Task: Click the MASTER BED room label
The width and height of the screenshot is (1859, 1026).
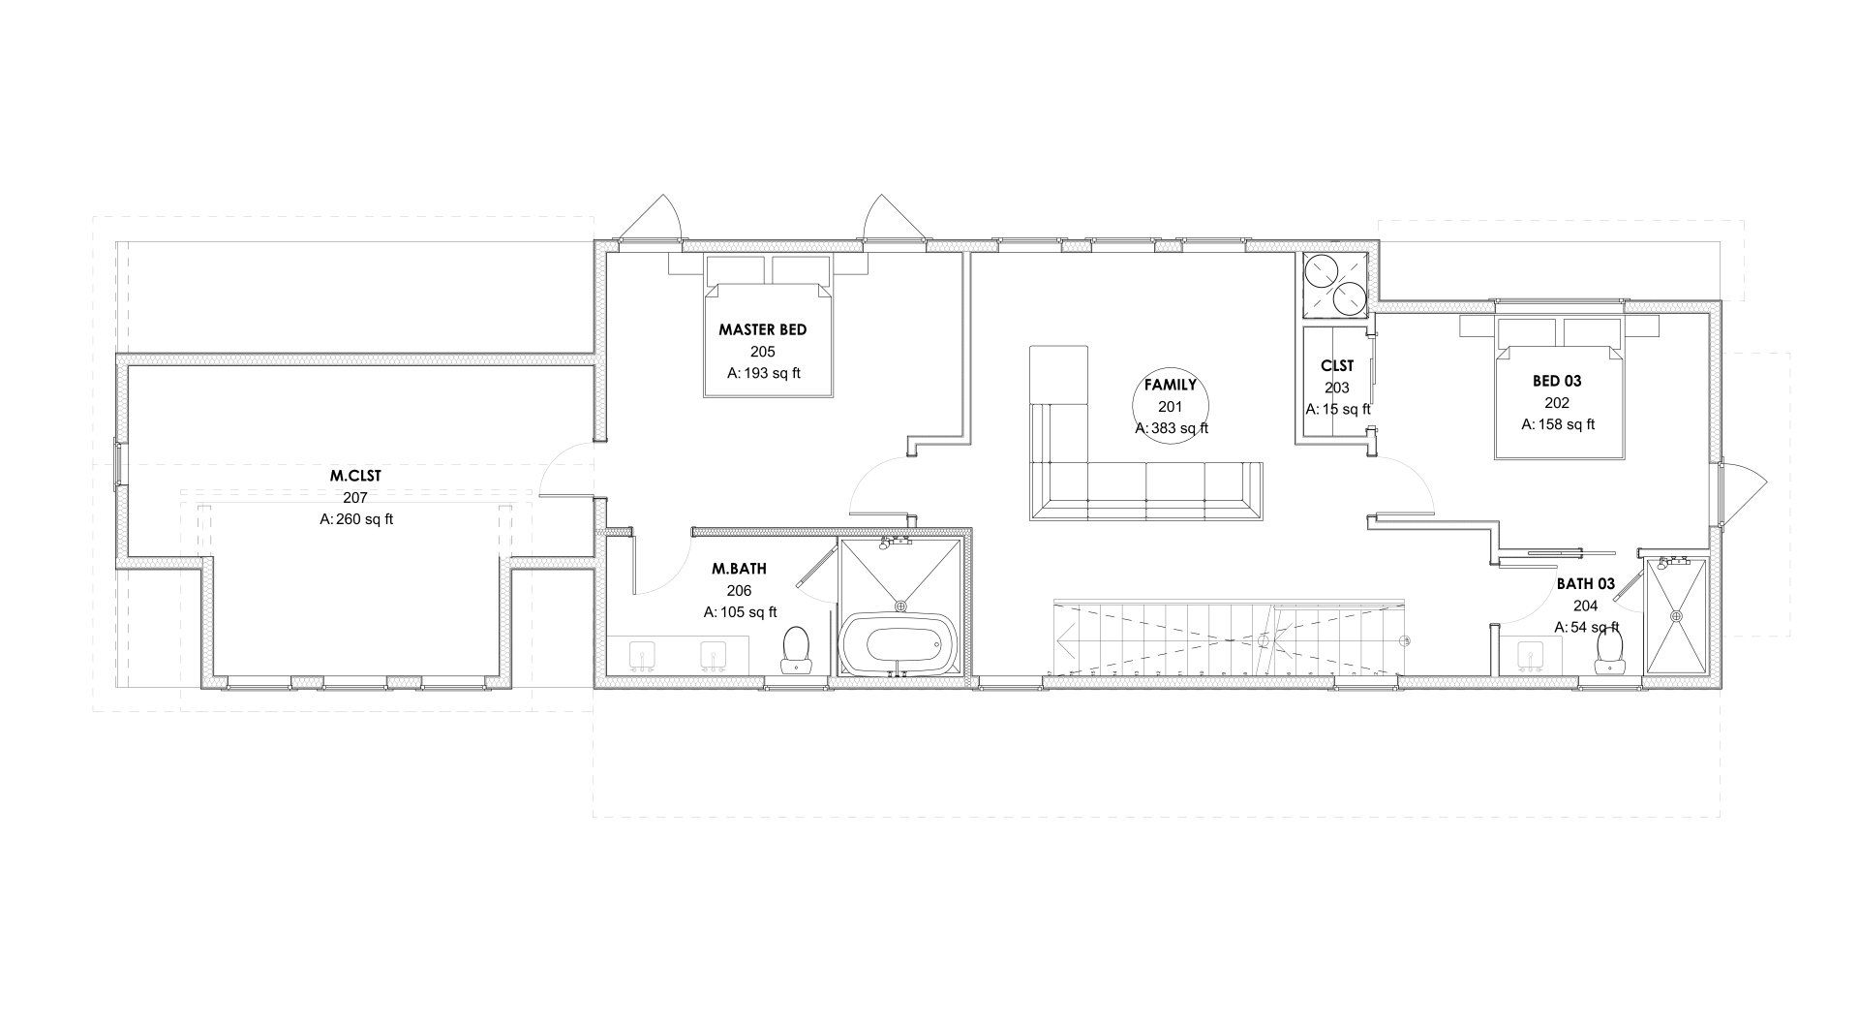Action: (x=762, y=329)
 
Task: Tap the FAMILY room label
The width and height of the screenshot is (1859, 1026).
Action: (x=1171, y=385)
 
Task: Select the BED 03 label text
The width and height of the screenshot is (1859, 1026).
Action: (x=1557, y=381)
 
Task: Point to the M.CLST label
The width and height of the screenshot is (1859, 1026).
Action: (x=355, y=476)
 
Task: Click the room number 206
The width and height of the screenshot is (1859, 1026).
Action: (x=739, y=590)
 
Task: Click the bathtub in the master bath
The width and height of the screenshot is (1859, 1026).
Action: (x=900, y=642)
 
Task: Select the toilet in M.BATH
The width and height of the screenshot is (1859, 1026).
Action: (x=796, y=648)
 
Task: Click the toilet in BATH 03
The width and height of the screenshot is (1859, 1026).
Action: (x=1609, y=650)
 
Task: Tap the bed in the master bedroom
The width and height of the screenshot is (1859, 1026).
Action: (x=768, y=326)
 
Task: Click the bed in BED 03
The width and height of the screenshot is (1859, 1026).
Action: (x=1559, y=388)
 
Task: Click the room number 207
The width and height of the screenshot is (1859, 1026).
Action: (x=355, y=497)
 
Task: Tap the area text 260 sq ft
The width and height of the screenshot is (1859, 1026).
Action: (x=356, y=519)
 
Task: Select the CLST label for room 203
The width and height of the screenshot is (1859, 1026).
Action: (x=1337, y=366)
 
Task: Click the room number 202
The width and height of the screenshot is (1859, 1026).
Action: (x=1557, y=403)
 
